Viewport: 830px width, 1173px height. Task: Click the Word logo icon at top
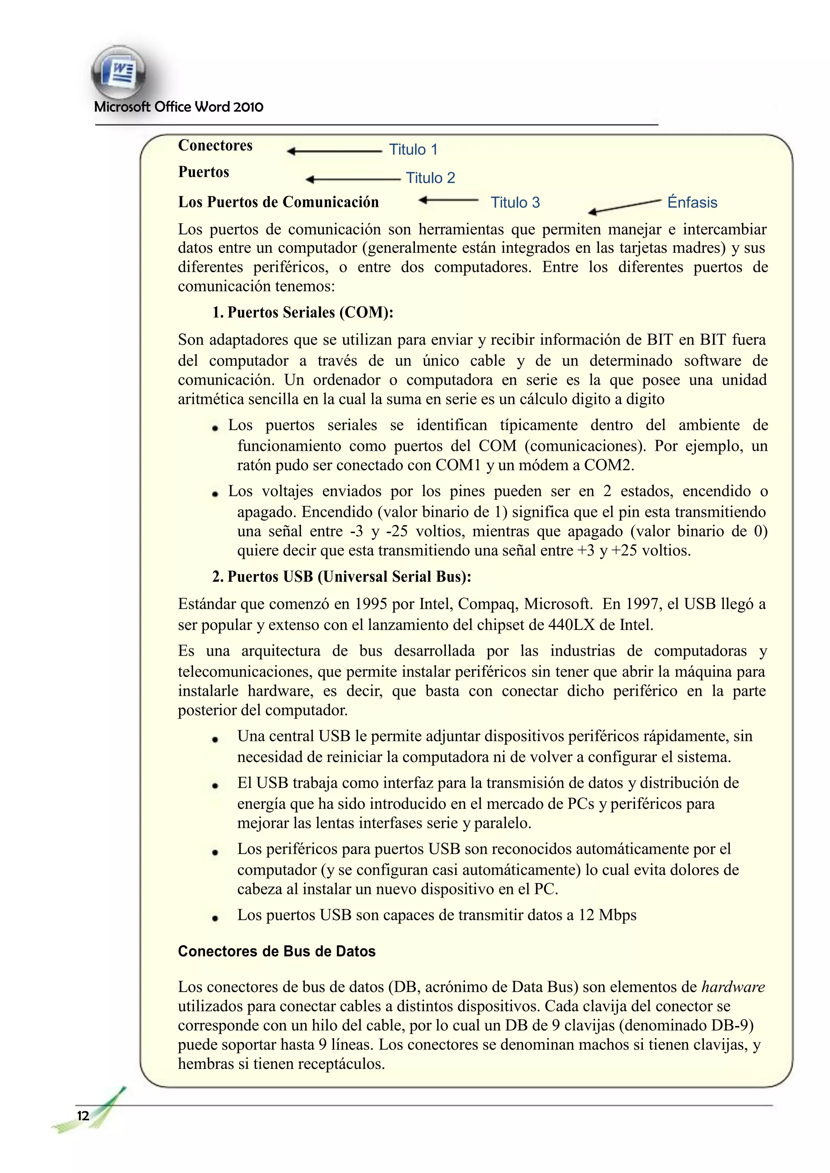tap(119, 73)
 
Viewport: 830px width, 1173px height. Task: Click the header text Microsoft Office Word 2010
tap(179, 107)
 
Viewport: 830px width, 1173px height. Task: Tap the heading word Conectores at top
tap(215, 145)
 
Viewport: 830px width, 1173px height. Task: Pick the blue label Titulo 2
tap(430, 178)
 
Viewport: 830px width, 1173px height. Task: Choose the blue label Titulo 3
tap(515, 202)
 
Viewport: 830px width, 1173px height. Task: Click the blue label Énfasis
tap(692, 202)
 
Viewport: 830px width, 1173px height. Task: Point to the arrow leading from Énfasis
tap(625, 207)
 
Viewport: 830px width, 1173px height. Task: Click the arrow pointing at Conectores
tap(334, 151)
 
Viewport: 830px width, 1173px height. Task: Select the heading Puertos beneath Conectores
tap(203, 172)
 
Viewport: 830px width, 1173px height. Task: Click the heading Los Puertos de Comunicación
tap(278, 202)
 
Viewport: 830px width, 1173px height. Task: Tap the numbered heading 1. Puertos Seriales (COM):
tap(303, 312)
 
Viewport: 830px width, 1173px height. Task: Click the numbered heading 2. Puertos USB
tap(341, 577)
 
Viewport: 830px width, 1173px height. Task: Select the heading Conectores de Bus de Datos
tap(276, 951)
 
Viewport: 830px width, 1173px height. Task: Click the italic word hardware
tap(733, 987)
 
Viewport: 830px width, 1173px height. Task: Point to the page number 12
tap(83, 1115)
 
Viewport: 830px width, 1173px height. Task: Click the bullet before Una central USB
tap(215, 739)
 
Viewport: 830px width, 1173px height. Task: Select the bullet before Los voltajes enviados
tap(215, 493)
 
